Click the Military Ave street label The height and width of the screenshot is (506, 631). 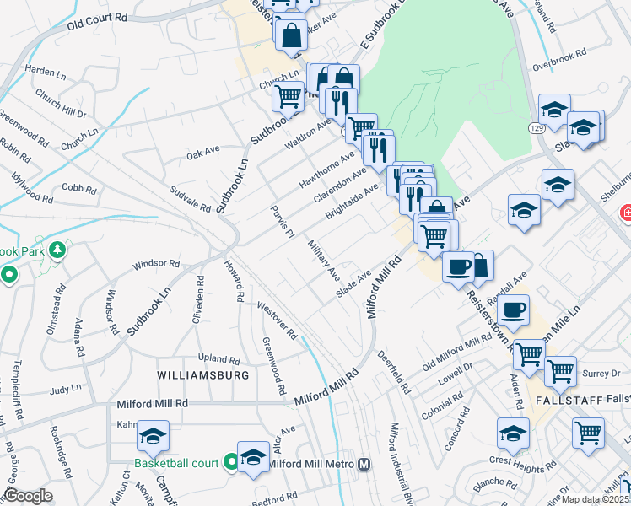pos(323,261)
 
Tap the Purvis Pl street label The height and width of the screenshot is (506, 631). pos(281,221)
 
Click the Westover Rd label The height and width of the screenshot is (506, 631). pos(278,320)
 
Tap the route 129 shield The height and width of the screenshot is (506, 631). pos(537,127)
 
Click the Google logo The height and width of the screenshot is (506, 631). pos(28,496)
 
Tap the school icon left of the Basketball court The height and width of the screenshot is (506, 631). pos(153,435)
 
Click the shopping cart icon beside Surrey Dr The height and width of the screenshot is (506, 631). pos(559,371)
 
